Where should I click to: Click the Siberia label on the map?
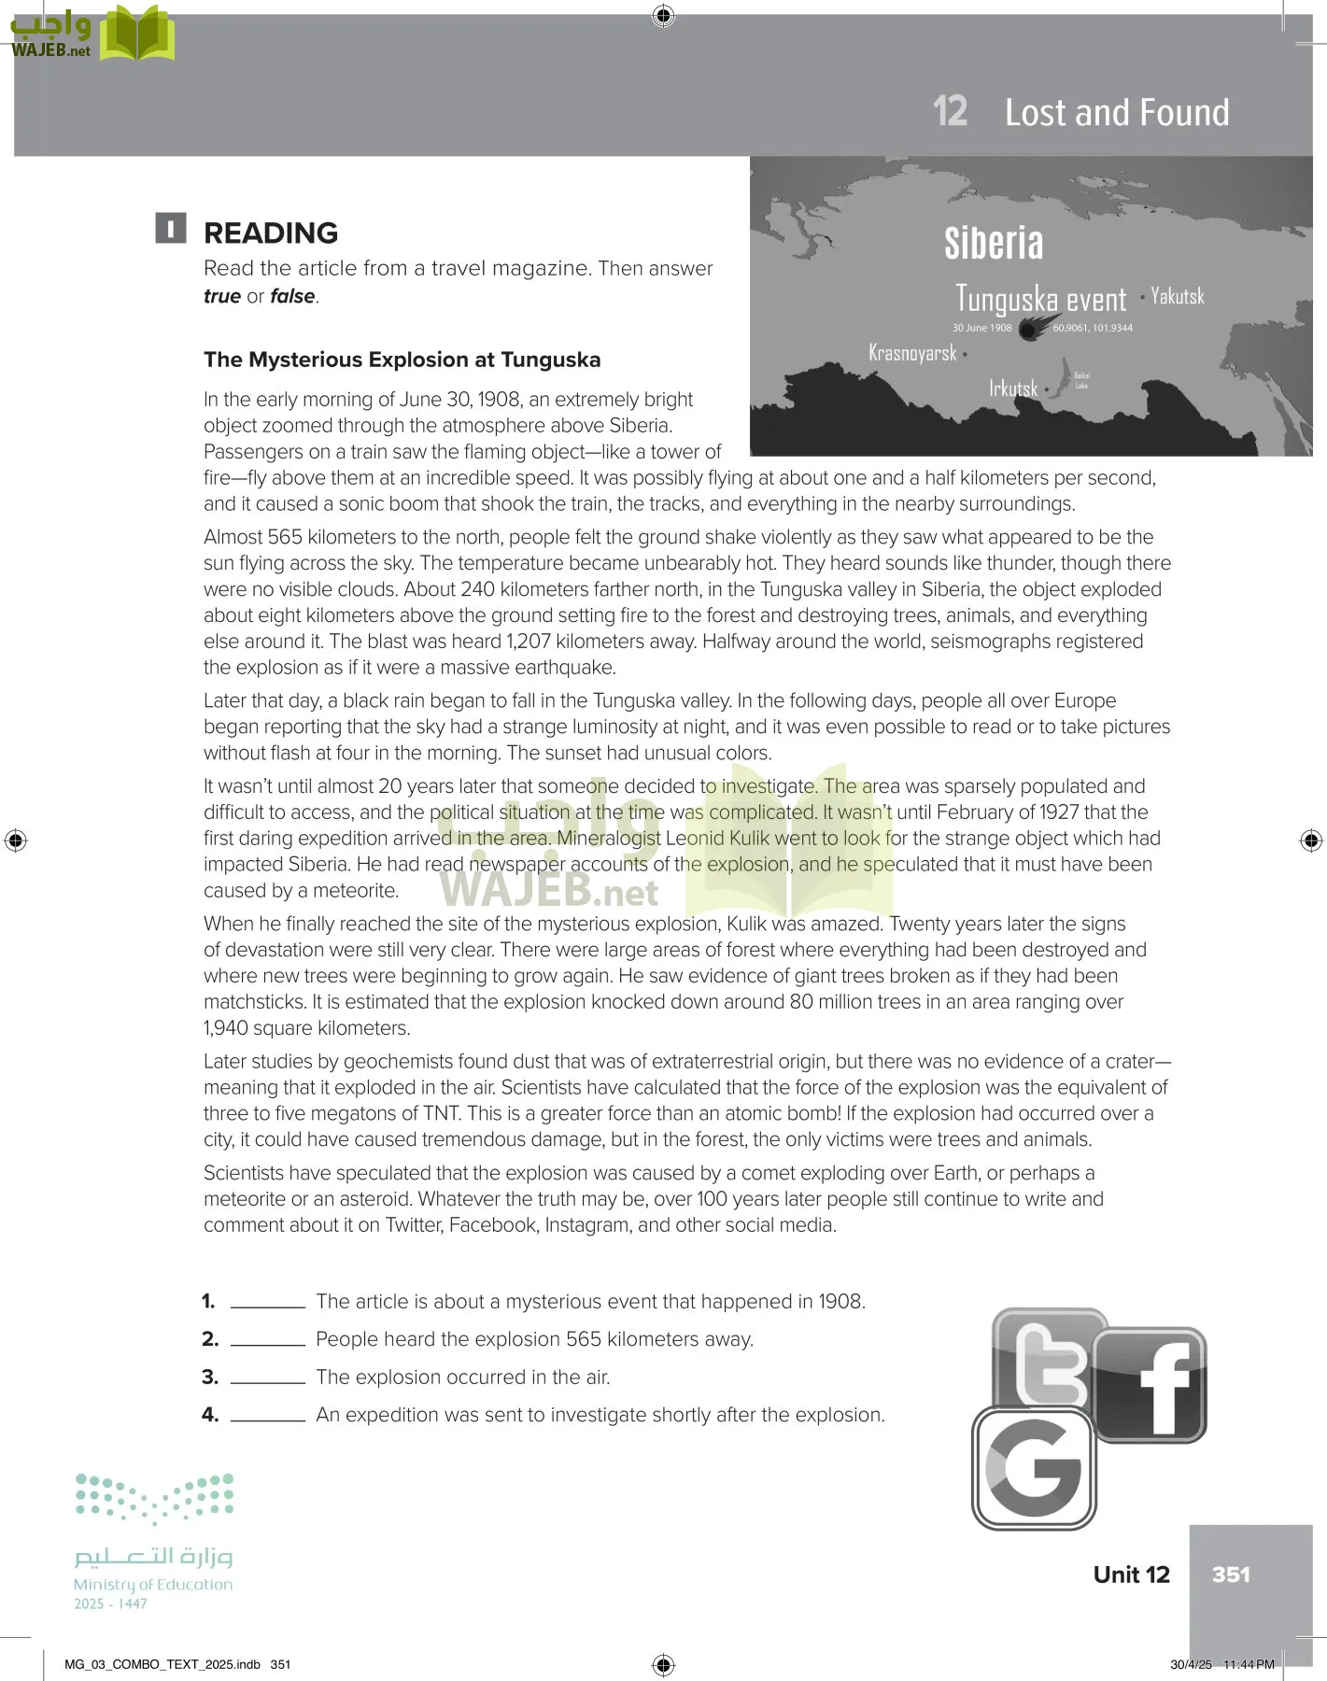993,243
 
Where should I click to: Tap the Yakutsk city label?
1177,296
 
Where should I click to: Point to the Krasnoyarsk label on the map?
912,353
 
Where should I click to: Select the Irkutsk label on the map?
1013,388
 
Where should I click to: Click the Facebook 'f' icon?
1151,1385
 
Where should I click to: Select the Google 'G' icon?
1034,1468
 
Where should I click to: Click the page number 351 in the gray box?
1231,1575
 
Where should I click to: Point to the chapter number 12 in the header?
950,112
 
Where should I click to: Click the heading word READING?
271,233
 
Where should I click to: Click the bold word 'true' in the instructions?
222,296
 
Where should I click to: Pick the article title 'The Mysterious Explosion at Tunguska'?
402,360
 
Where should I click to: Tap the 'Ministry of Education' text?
153,1584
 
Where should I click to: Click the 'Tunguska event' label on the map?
1041,299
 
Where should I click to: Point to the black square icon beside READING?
171,229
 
